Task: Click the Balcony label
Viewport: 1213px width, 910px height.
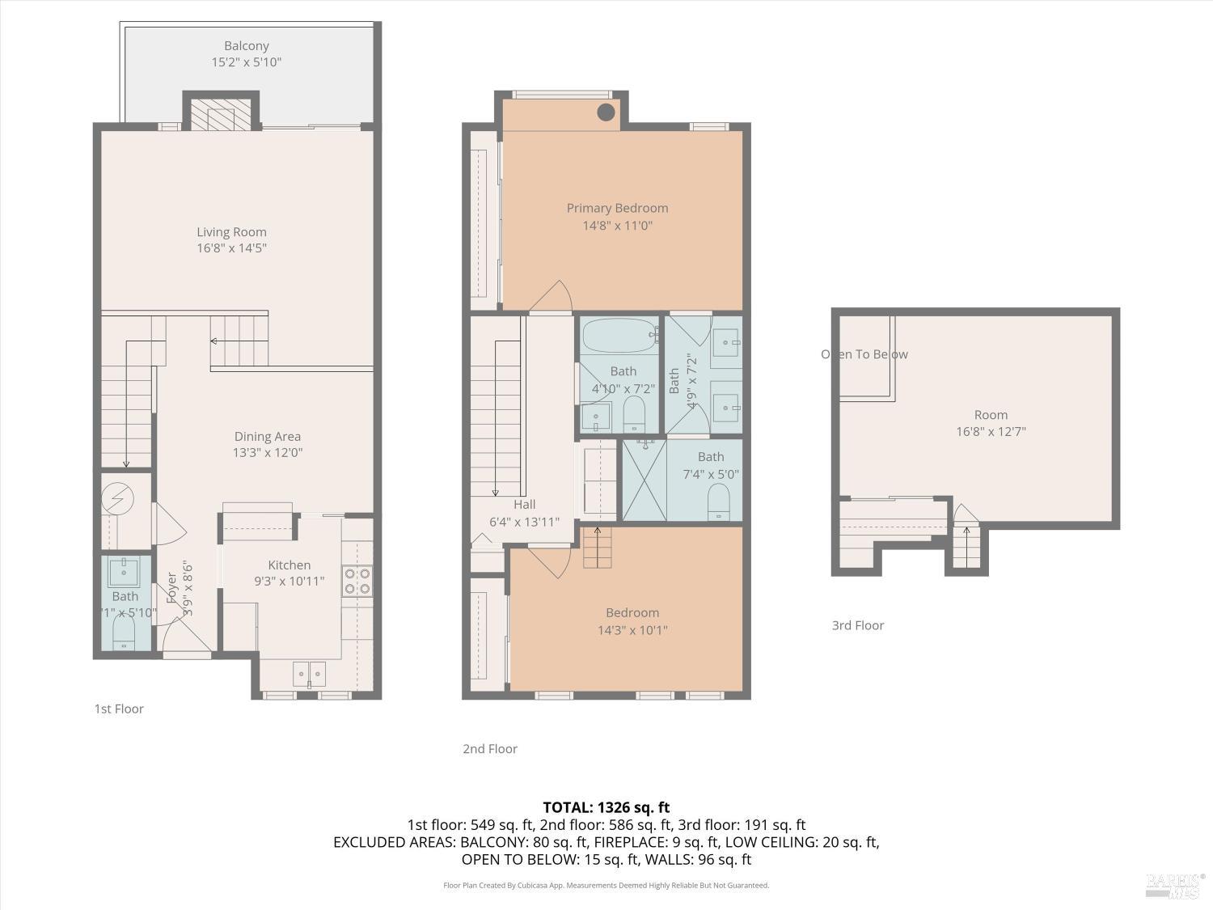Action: pos(247,46)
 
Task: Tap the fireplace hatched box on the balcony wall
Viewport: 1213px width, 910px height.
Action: pos(220,115)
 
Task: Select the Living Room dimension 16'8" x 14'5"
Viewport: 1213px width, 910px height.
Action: pos(231,248)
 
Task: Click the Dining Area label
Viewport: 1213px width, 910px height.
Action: pos(268,437)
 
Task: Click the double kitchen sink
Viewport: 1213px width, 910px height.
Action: pos(309,673)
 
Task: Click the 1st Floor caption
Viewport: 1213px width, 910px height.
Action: pos(119,709)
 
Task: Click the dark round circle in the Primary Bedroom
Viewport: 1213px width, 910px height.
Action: pos(606,112)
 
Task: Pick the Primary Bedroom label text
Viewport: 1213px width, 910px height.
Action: pos(617,209)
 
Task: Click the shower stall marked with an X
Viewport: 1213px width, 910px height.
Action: pos(644,480)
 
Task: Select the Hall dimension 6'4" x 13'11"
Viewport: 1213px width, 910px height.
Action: pos(525,523)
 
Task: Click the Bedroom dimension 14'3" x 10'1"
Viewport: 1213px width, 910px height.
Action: pos(632,630)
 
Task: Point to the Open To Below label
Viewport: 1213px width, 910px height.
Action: pos(864,354)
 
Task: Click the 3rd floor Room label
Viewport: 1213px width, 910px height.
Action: pos(991,415)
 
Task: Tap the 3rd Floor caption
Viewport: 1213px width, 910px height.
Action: pos(858,625)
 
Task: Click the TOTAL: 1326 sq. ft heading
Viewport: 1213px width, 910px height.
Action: pos(606,807)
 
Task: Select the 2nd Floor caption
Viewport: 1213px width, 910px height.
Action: pos(490,749)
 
